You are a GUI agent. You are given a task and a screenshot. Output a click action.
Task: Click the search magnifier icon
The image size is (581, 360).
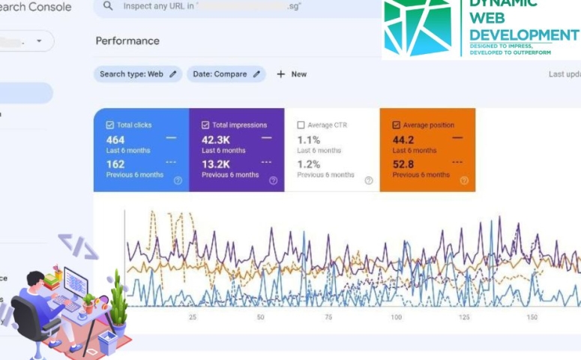(x=109, y=6)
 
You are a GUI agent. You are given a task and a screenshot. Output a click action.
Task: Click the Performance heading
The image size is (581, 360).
(x=127, y=40)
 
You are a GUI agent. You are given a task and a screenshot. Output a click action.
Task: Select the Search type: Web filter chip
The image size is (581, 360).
(x=138, y=74)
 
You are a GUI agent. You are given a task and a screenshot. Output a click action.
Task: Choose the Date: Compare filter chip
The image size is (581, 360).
(x=226, y=74)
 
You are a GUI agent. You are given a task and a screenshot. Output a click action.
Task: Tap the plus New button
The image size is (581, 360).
(x=292, y=74)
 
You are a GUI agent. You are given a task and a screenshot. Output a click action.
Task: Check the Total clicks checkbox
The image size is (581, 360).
(x=110, y=125)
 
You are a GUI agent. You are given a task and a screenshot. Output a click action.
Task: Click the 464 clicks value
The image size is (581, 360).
(x=115, y=139)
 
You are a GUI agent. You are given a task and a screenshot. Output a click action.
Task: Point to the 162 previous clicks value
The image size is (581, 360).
(x=115, y=164)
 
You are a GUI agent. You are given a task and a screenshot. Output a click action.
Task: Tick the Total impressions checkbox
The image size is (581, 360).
(x=205, y=125)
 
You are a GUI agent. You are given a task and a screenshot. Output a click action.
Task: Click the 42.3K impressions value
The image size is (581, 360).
(x=216, y=139)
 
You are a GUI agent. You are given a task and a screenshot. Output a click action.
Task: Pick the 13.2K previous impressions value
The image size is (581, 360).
(x=216, y=164)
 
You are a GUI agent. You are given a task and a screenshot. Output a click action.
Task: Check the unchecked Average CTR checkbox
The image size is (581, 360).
(x=301, y=125)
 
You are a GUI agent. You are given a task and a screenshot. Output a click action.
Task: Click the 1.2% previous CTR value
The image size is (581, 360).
(x=309, y=164)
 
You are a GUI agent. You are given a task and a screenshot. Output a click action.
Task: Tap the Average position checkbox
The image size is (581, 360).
(x=396, y=125)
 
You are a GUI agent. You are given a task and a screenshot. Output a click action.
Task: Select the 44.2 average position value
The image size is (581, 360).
(x=403, y=139)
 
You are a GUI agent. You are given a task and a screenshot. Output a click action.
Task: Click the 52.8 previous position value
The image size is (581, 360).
(x=403, y=164)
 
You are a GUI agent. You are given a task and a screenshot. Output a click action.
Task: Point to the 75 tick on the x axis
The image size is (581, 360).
(x=328, y=318)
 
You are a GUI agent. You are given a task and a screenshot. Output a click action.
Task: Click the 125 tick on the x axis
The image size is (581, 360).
(x=464, y=318)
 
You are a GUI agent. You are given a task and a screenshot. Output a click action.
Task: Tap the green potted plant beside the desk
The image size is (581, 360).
(x=118, y=300)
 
